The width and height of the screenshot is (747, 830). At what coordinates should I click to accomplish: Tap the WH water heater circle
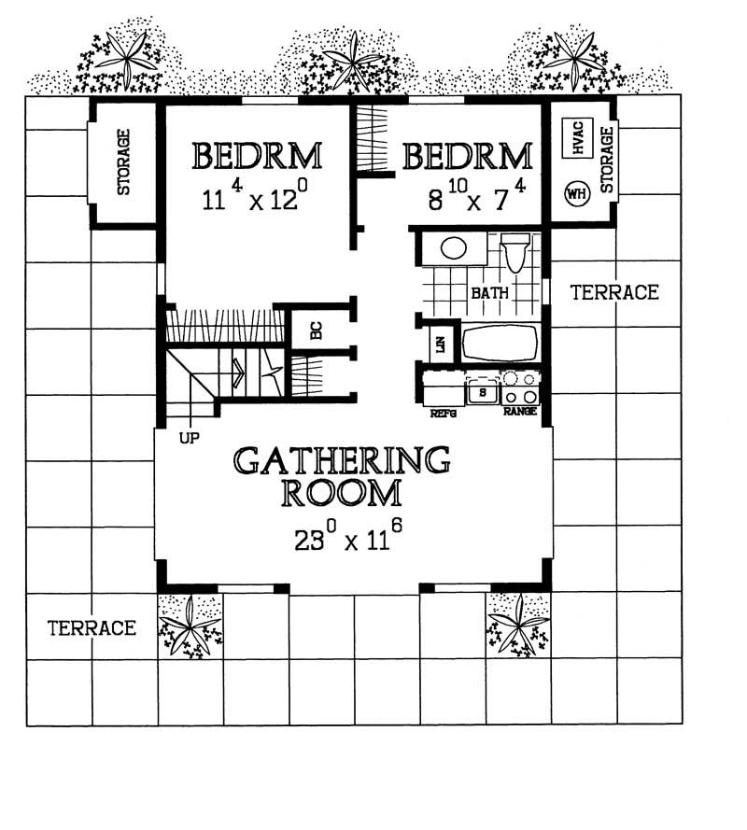(574, 194)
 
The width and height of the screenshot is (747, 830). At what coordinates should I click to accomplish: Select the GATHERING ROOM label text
(342, 476)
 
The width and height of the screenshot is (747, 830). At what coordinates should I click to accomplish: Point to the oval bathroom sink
(454, 248)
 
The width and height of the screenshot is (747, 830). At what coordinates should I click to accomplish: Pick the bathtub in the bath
(500, 343)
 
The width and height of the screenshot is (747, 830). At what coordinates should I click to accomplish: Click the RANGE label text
(519, 412)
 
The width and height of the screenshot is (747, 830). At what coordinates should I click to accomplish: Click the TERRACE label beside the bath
(614, 292)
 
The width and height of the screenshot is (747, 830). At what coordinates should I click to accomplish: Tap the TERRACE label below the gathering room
(92, 627)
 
